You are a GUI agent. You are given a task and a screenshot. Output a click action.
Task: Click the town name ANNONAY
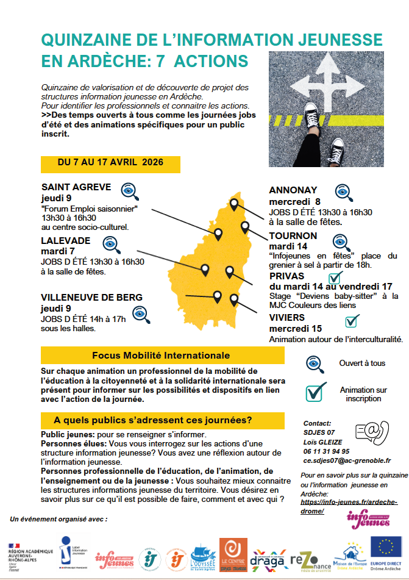[294, 190]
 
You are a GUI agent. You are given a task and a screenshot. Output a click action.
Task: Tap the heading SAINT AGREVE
[76, 187]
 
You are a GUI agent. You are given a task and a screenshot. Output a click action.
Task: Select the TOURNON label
[293, 236]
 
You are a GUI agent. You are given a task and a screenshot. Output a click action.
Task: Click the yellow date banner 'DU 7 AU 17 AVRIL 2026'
[110, 163]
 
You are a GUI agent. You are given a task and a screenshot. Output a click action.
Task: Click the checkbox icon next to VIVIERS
[352, 320]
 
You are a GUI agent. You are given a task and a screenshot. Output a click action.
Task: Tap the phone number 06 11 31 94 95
[326, 451]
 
